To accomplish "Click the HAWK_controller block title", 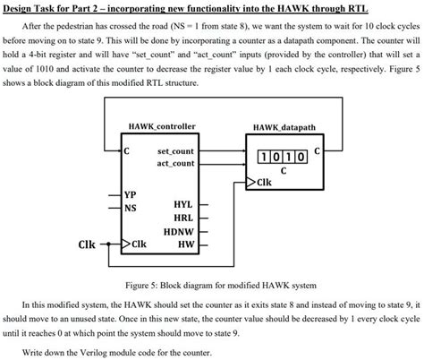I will [x=162, y=126].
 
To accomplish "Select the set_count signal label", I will [x=176, y=151].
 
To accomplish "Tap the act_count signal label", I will [x=176, y=163].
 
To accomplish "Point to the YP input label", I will [x=131, y=194].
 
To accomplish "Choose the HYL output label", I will [x=183, y=204].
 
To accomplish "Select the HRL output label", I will [x=183, y=218].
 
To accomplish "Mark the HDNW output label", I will [x=180, y=231].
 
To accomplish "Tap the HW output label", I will [x=186, y=244].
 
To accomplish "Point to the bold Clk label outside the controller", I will [x=87, y=244].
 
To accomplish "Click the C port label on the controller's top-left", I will [x=127, y=150].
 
